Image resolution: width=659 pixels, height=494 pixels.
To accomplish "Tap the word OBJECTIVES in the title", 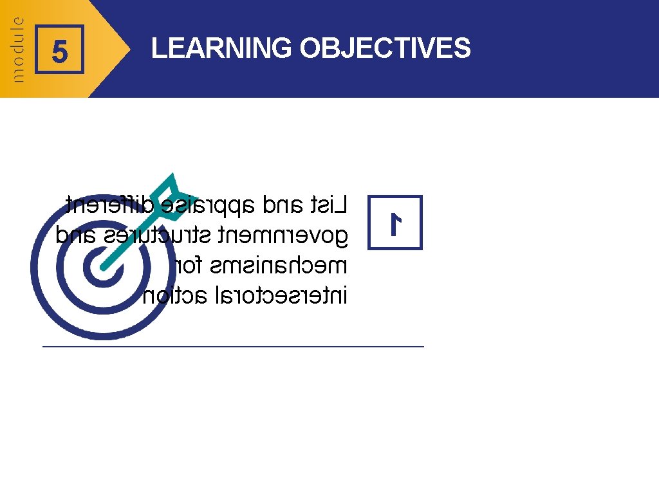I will coord(385,48).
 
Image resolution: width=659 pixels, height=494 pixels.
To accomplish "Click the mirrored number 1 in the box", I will coord(395,223).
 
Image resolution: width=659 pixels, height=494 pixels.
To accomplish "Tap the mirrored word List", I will coord(329,206).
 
